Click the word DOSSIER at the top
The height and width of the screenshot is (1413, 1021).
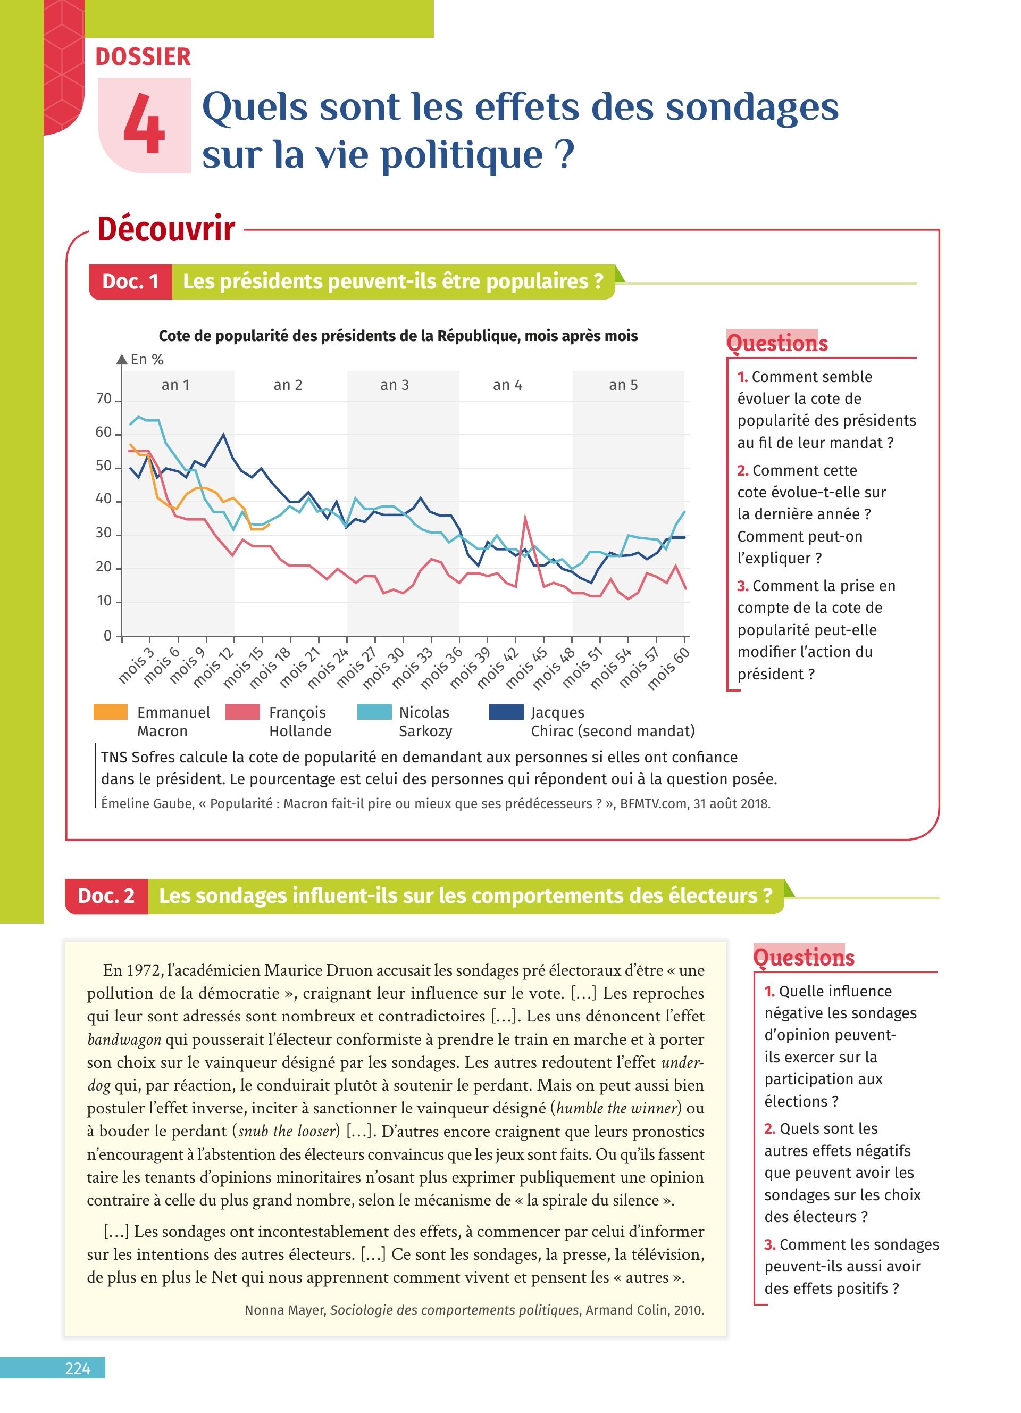(143, 57)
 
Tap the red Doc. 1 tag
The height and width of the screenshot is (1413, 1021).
(130, 281)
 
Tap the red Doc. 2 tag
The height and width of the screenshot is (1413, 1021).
(106, 895)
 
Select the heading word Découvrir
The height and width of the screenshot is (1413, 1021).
(165, 229)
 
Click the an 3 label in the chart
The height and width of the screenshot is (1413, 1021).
(394, 385)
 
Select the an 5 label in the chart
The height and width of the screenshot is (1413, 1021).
(623, 385)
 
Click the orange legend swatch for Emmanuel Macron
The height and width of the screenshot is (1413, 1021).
(110, 712)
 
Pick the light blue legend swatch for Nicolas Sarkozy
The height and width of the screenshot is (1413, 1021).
(374, 712)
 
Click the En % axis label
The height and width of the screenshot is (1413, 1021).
(147, 360)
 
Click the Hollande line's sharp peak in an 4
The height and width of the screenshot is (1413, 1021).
(525, 517)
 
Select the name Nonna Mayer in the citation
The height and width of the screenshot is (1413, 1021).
(284, 1310)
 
